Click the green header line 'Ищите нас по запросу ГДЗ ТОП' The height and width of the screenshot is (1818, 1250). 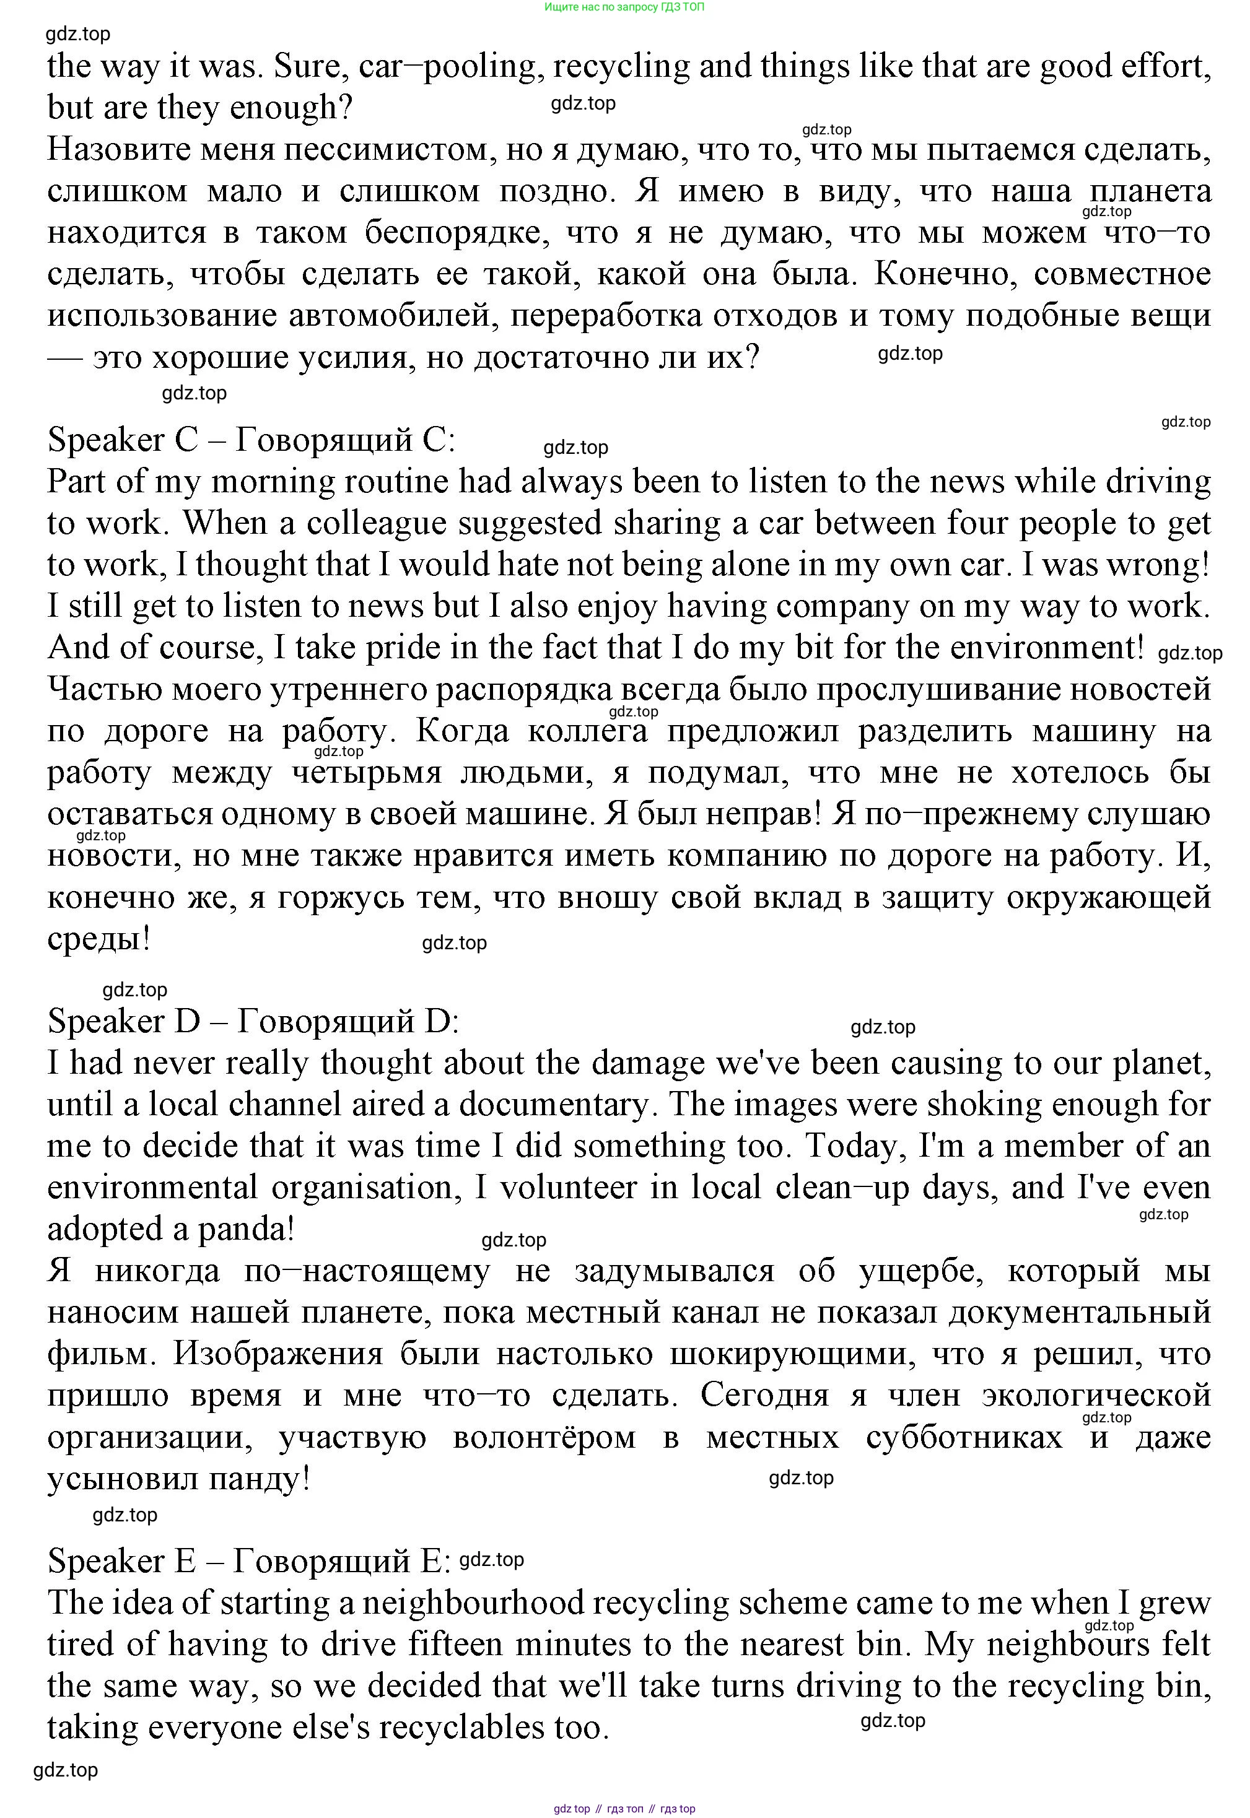(624, 7)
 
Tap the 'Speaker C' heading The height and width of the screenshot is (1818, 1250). (123, 440)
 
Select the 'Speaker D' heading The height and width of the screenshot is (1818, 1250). (124, 1021)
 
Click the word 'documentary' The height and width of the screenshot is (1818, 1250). (554, 1105)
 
